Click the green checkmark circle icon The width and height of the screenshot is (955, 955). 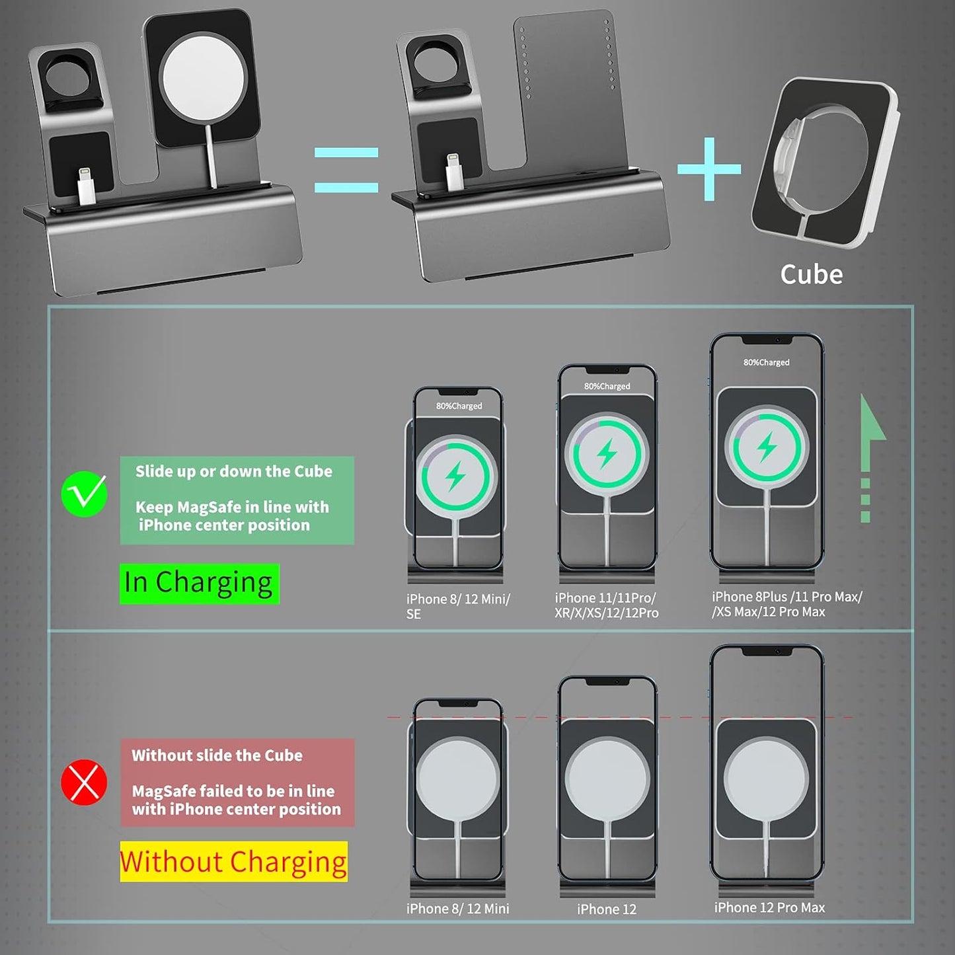pos(84,494)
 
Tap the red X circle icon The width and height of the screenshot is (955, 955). pos(84,783)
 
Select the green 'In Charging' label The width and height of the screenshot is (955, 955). pos(199,583)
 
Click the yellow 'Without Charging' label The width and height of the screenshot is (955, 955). pos(233,861)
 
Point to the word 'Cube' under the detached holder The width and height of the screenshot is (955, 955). pos(811,274)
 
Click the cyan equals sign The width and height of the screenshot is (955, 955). pos(346,170)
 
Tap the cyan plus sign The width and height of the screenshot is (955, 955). pos(709,169)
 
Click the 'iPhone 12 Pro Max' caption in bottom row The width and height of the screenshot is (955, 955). pos(769,907)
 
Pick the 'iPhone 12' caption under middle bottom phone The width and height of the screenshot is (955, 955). pos(606,909)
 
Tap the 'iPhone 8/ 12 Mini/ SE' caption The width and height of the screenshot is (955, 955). pos(457,606)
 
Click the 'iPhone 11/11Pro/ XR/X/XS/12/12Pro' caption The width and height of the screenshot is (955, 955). pos(606,605)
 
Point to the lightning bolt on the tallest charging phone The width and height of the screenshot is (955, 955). pos(767,447)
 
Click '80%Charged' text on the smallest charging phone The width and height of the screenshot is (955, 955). pos(459,406)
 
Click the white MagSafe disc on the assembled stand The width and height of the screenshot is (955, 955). pos(203,73)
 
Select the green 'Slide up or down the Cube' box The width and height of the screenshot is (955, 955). pos(237,500)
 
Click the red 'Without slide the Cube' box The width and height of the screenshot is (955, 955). pos(237,783)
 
